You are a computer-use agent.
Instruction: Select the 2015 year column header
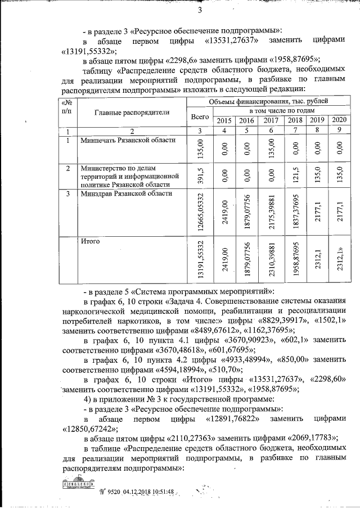[224, 121]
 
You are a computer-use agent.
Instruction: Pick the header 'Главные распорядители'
[125, 112]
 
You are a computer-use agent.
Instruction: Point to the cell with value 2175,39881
[272, 211]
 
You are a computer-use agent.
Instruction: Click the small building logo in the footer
[78, 490]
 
